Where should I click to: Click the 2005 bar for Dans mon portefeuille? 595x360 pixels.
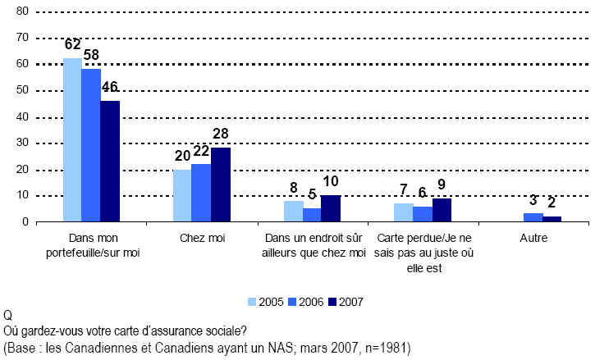click(72, 140)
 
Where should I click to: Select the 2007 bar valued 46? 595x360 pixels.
click(110, 162)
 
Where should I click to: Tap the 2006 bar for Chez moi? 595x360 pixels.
click(201, 193)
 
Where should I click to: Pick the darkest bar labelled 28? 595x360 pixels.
click(220, 185)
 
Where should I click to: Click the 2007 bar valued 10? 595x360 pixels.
click(330, 208)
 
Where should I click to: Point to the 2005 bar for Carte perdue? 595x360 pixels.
click(403, 212)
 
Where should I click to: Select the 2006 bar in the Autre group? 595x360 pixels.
click(533, 217)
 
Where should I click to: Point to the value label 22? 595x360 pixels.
click(201, 153)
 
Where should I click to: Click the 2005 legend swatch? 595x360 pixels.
click(253, 302)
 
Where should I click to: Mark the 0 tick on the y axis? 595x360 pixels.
click(25, 222)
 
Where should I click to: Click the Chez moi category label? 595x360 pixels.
click(201, 238)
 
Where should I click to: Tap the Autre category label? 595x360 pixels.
click(533, 238)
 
